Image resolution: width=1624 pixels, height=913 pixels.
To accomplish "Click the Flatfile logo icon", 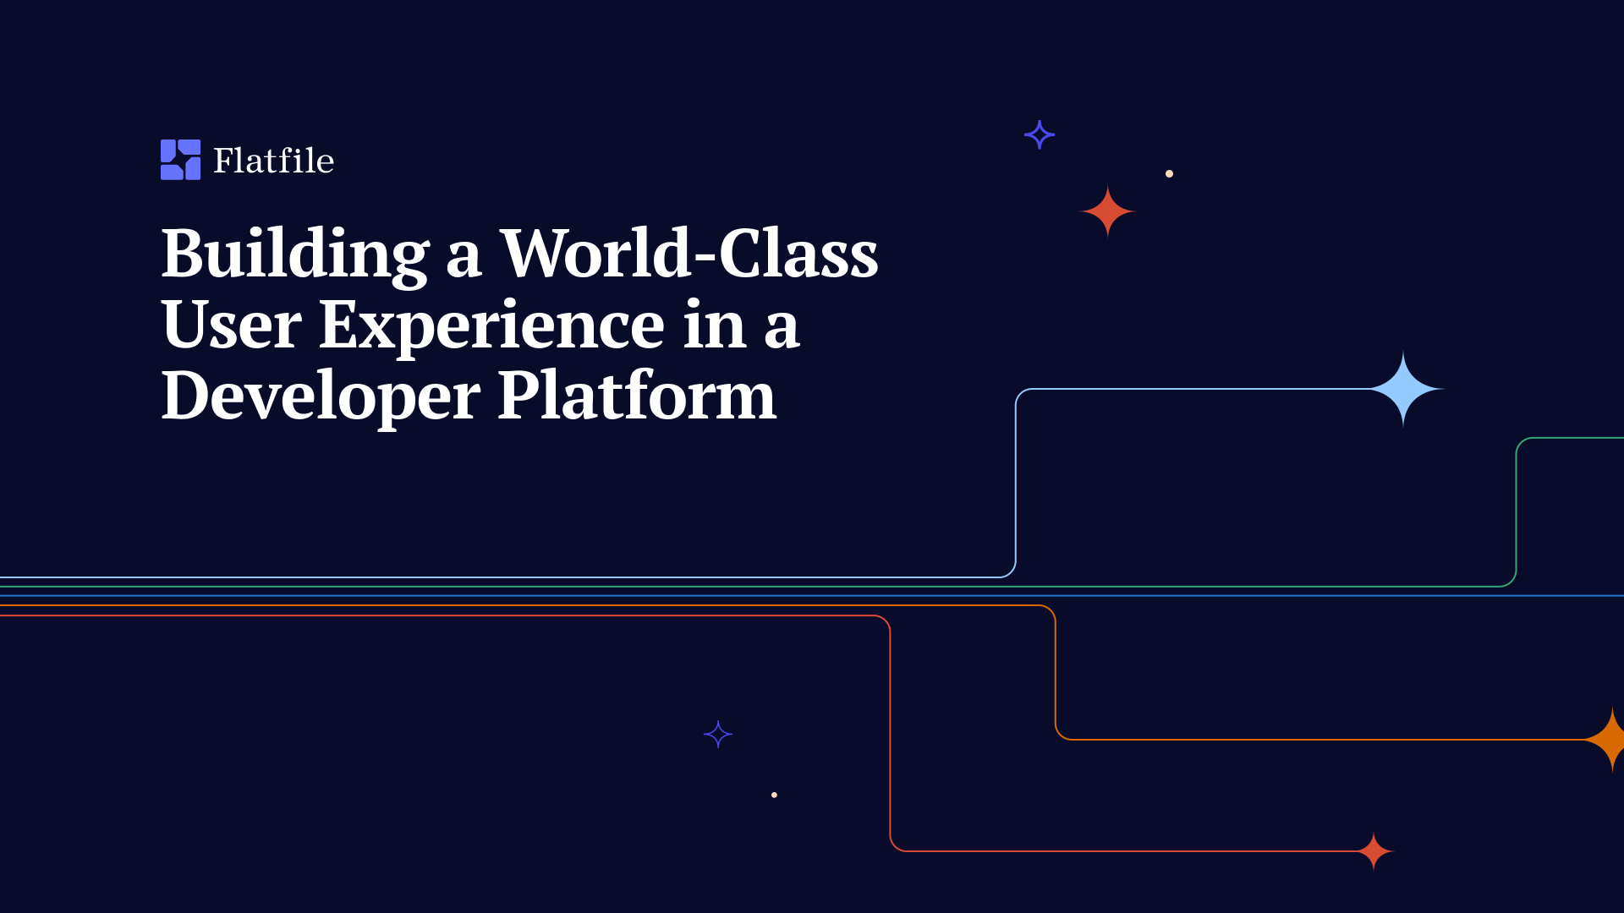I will tap(180, 160).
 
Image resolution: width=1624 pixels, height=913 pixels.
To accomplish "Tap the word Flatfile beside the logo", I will tap(273, 161).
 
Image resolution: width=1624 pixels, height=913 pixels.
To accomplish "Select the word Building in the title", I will tap(295, 254).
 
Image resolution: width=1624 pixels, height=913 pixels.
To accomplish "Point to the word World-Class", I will tap(689, 253).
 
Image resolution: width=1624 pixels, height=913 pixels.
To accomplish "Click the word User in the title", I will tap(231, 325).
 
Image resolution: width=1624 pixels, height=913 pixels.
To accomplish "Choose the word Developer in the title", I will tap(321, 396).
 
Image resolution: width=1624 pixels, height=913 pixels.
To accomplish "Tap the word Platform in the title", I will tap(636, 395).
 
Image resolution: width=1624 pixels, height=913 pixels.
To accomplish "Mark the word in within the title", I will tap(714, 325).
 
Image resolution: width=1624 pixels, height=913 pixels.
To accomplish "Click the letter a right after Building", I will tap(464, 257).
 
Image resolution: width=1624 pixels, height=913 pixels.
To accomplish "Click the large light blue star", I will tap(1403, 389).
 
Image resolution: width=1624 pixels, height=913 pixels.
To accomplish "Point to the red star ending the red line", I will tap(1374, 851).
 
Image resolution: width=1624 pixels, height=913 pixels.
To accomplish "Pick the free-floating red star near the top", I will tap(1108, 211).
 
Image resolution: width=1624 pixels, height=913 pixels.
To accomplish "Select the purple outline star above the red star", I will tap(1040, 134).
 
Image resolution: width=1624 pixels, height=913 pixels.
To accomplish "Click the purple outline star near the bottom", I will tap(718, 735).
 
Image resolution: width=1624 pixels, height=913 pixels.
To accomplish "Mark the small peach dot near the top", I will tap(1169, 173).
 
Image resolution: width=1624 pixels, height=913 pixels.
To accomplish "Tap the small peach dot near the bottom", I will tap(774, 795).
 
